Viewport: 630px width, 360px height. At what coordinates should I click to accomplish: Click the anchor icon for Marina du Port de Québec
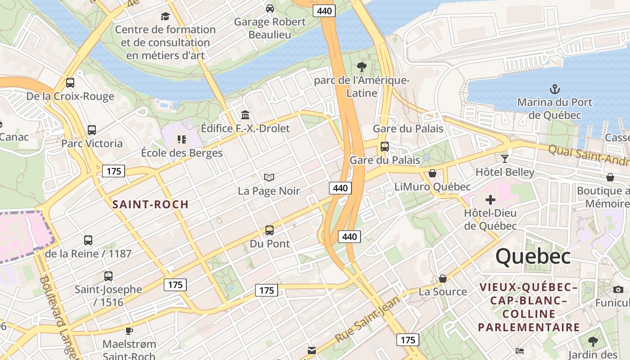555,89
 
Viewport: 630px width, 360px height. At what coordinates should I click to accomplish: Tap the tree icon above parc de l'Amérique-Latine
361,67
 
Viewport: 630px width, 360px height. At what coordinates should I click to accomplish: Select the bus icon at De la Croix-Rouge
70,83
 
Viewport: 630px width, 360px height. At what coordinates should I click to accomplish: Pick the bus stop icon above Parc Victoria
92,130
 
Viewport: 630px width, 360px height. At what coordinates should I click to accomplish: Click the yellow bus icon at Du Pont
269,230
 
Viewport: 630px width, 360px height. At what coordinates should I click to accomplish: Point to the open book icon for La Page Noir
269,178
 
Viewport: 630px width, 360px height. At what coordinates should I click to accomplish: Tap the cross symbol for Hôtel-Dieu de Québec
490,200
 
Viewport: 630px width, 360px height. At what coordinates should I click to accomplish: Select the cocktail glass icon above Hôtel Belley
505,158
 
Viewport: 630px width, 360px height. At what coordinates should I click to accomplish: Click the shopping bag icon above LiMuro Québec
432,173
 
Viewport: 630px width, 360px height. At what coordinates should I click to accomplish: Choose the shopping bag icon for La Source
443,279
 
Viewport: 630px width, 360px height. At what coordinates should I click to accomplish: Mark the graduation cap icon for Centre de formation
165,17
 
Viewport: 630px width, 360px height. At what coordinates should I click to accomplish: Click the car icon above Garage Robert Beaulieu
270,9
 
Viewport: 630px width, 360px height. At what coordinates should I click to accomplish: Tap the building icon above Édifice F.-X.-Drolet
245,115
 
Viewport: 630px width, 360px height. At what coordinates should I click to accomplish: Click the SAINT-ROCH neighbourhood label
150,205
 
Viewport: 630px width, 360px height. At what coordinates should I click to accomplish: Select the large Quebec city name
533,256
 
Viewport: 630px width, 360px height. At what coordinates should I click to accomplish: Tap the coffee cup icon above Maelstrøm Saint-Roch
129,331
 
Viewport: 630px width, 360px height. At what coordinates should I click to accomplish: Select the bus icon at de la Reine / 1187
88,240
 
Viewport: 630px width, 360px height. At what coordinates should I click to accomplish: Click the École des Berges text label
182,153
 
